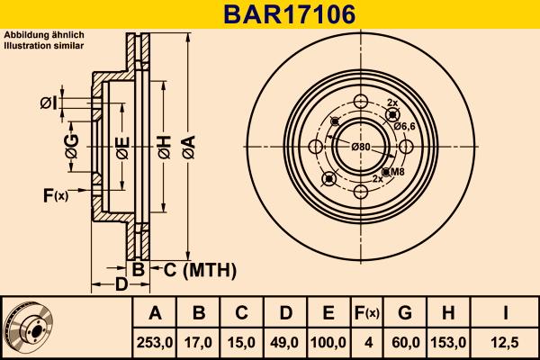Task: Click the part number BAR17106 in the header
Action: pyautogui.click(x=270, y=14)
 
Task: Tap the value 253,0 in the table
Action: pyautogui.click(x=155, y=342)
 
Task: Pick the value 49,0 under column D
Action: pyautogui.click(x=285, y=342)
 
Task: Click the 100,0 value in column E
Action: pyautogui.click(x=329, y=342)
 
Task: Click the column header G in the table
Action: pyautogui.click(x=405, y=313)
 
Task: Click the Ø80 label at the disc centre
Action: pyautogui.click(x=361, y=147)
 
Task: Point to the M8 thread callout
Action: pyautogui.click(x=395, y=171)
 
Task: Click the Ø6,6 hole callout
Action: pyautogui.click(x=404, y=127)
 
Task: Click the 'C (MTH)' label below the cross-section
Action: pyautogui.click(x=200, y=269)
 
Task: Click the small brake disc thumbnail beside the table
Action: pyautogui.click(x=29, y=328)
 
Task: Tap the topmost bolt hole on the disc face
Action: pyautogui.click(x=361, y=101)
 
